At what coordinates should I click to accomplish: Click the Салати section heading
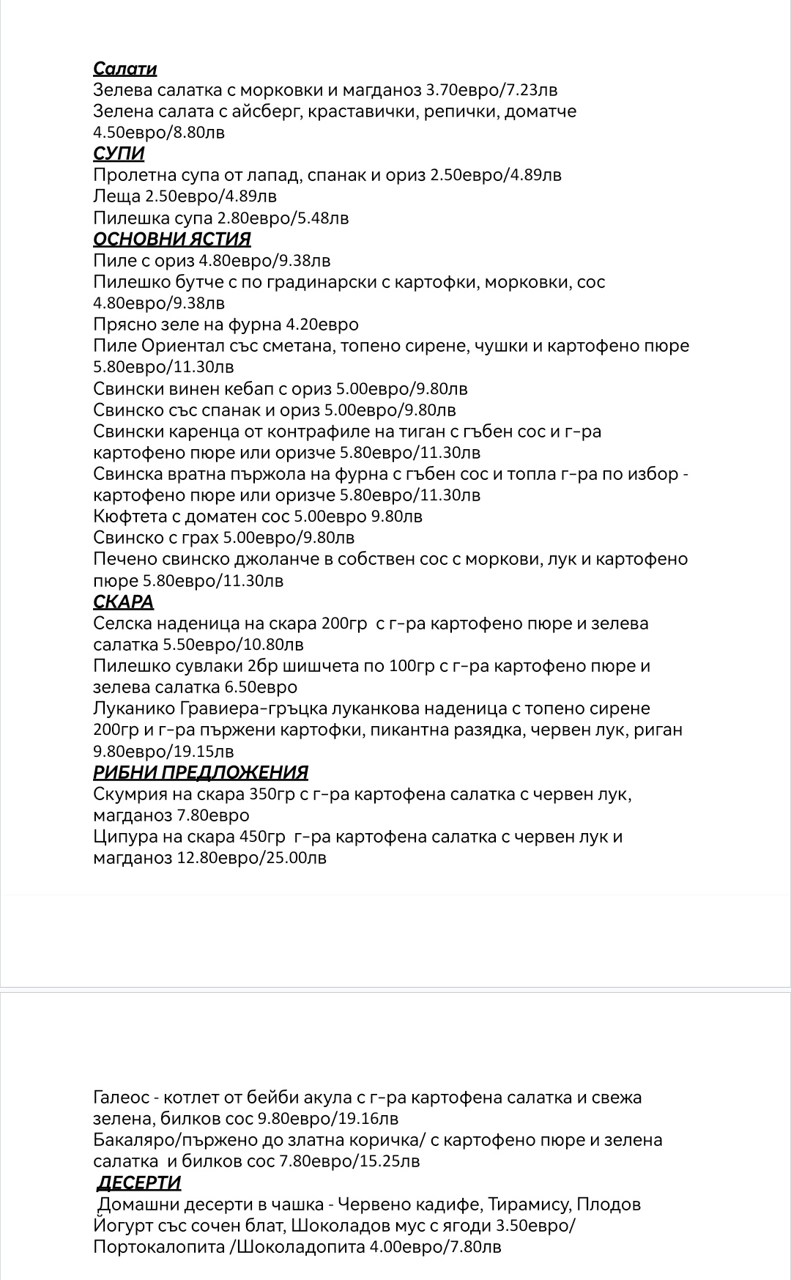pyautogui.click(x=125, y=69)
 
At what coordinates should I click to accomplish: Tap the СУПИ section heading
pyautogui.click(x=119, y=154)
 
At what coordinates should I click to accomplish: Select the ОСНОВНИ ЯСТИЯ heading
pyautogui.click(x=172, y=239)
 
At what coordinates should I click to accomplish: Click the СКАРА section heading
pyautogui.click(x=123, y=602)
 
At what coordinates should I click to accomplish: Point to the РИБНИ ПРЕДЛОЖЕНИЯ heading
pyautogui.click(x=201, y=772)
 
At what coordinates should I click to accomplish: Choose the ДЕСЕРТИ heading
pyautogui.click(x=139, y=1183)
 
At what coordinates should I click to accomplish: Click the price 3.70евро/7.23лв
pyautogui.click(x=491, y=90)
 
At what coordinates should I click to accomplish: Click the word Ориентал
pyautogui.click(x=185, y=346)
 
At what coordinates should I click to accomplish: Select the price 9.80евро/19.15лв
pyautogui.click(x=163, y=751)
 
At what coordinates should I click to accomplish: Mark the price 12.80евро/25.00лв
pyautogui.click(x=252, y=858)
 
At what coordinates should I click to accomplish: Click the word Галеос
pyautogui.click(x=119, y=1098)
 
